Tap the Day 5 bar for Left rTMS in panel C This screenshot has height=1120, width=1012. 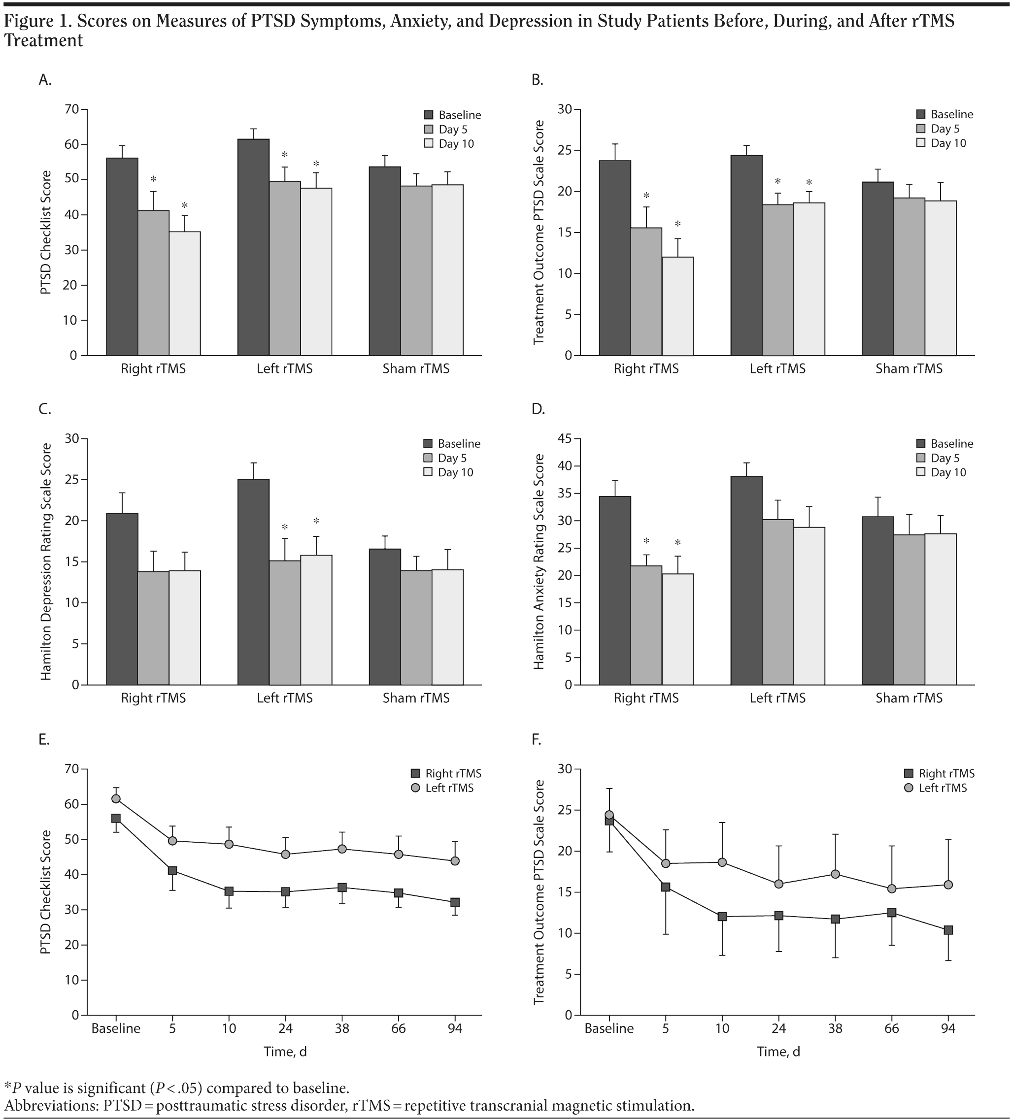coord(285,622)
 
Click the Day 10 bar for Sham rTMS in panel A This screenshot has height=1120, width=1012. coord(447,270)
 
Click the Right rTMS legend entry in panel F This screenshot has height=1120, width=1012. coord(940,773)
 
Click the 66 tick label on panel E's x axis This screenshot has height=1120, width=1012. coord(399,1028)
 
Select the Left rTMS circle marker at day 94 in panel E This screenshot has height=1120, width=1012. coord(455,861)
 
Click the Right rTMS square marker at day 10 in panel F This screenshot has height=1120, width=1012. coord(722,917)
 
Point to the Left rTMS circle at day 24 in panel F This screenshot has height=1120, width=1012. coord(778,884)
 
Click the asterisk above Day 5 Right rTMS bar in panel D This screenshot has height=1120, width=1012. coord(646,541)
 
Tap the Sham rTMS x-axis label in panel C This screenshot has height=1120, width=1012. coord(416,698)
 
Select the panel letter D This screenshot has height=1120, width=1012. coord(538,409)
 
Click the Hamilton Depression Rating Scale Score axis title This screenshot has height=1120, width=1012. coord(46,561)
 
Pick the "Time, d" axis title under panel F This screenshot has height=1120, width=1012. coord(778,1052)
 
